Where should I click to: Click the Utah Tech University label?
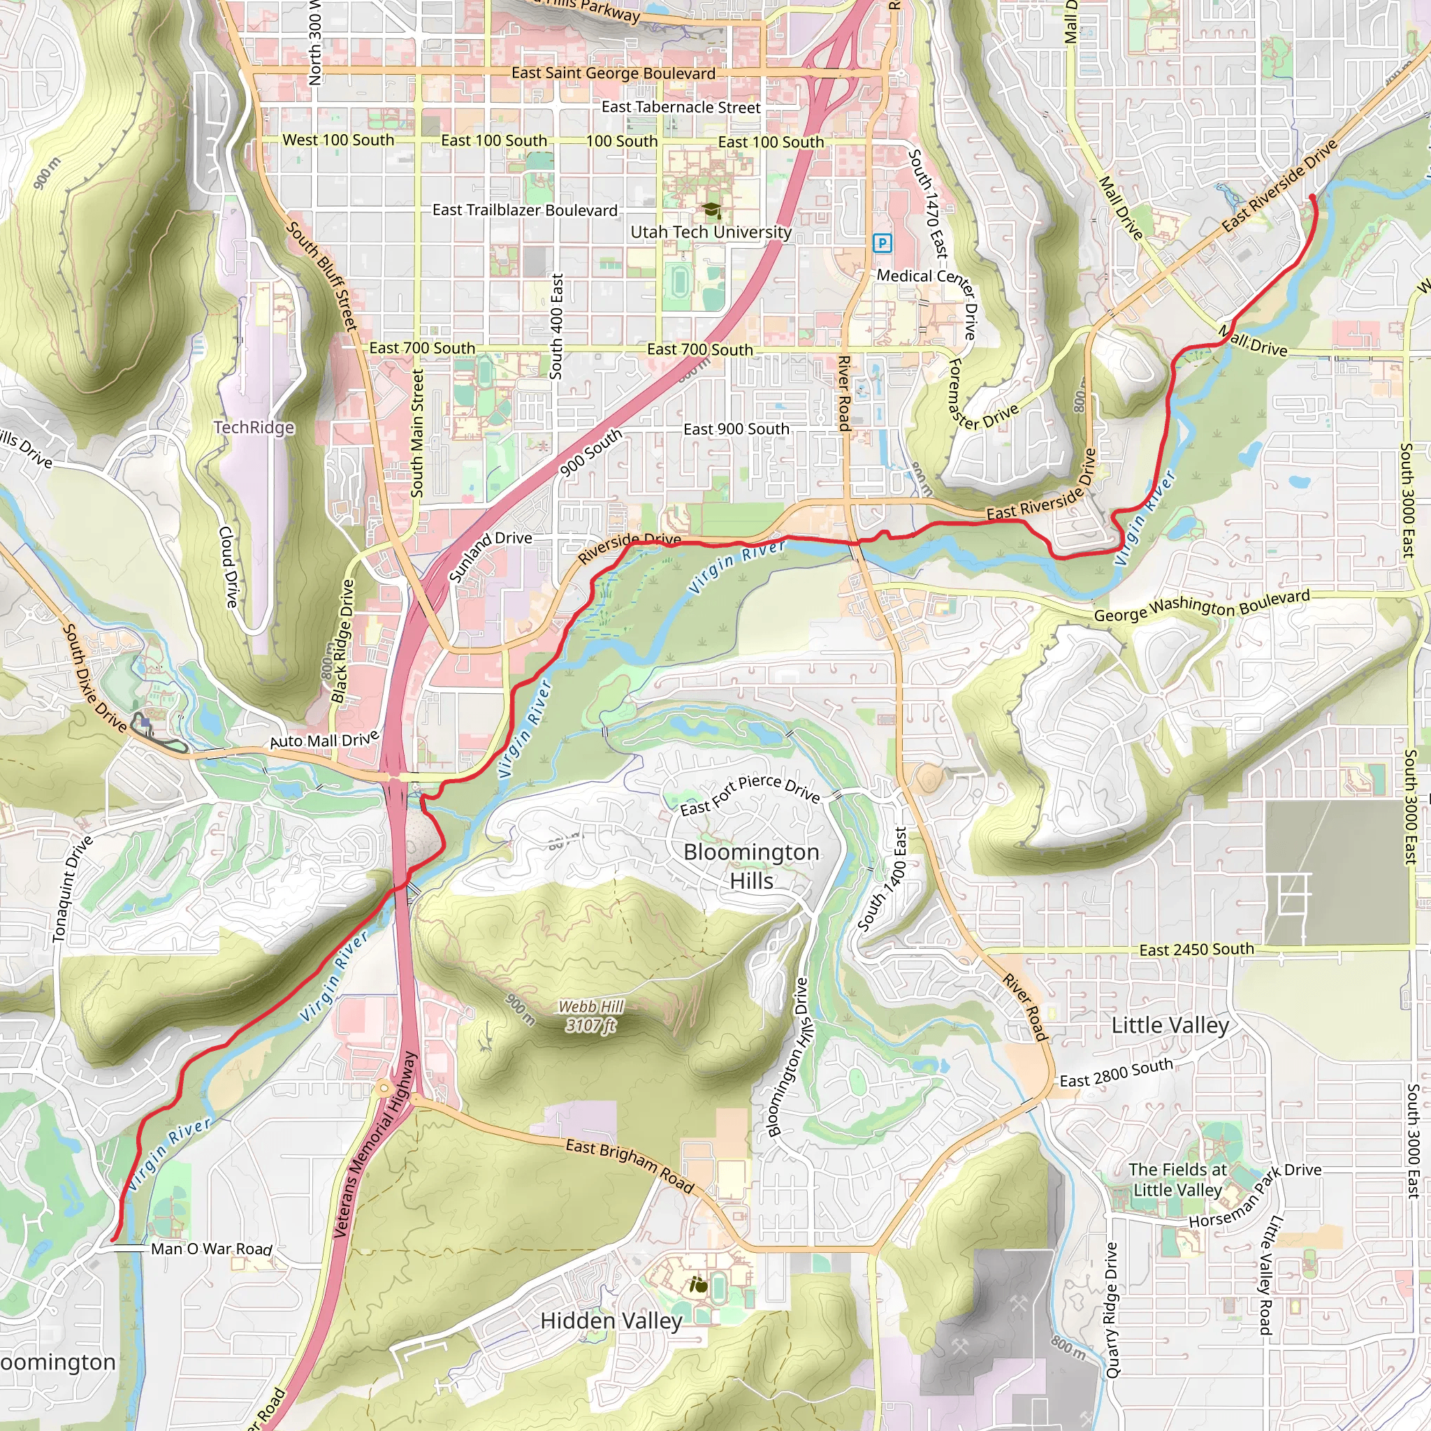point(711,232)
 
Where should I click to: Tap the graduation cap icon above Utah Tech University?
point(711,210)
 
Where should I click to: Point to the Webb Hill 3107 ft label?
point(590,1015)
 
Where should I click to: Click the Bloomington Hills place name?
point(751,866)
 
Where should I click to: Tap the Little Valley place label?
point(1170,1025)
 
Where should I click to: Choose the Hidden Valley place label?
point(611,1321)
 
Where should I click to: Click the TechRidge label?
point(254,428)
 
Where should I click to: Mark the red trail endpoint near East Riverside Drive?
point(1312,197)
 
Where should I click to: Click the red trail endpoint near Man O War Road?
point(113,1238)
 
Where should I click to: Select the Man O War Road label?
point(212,1249)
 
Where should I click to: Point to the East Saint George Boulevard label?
point(613,73)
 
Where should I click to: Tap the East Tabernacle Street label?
point(681,108)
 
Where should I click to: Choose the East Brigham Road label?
point(630,1166)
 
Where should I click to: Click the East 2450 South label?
point(1196,950)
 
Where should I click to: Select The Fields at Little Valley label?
point(1177,1179)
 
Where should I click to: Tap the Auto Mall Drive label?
point(324,739)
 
